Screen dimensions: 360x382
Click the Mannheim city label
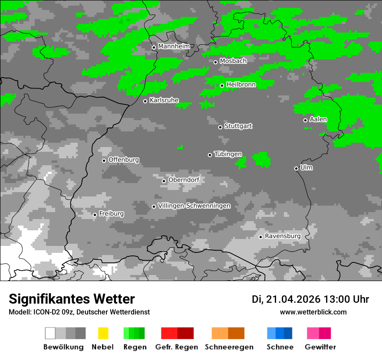click(174, 46)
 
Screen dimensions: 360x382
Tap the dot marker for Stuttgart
click(221, 127)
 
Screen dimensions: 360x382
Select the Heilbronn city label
click(241, 85)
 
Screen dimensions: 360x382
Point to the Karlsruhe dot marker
click(145, 101)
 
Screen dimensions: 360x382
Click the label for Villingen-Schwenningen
click(194, 206)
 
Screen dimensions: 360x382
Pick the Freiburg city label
click(111, 214)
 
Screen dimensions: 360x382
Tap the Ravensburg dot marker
click(260, 237)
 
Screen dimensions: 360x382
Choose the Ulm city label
click(306, 167)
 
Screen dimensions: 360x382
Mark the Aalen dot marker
click(305, 120)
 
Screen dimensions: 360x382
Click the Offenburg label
click(124, 160)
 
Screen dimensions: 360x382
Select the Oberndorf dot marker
click(164, 181)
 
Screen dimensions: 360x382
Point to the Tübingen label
click(228, 154)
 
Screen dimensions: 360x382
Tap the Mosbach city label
click(233, 61)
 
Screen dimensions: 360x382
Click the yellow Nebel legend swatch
click(103, 333)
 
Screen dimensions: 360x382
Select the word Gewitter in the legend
click(320, 347)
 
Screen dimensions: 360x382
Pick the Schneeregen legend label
click(229, 347)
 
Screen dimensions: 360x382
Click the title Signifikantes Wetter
click(72, 299)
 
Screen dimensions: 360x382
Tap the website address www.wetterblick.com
click(313, 312)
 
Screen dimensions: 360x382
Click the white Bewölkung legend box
click(50, 333)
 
